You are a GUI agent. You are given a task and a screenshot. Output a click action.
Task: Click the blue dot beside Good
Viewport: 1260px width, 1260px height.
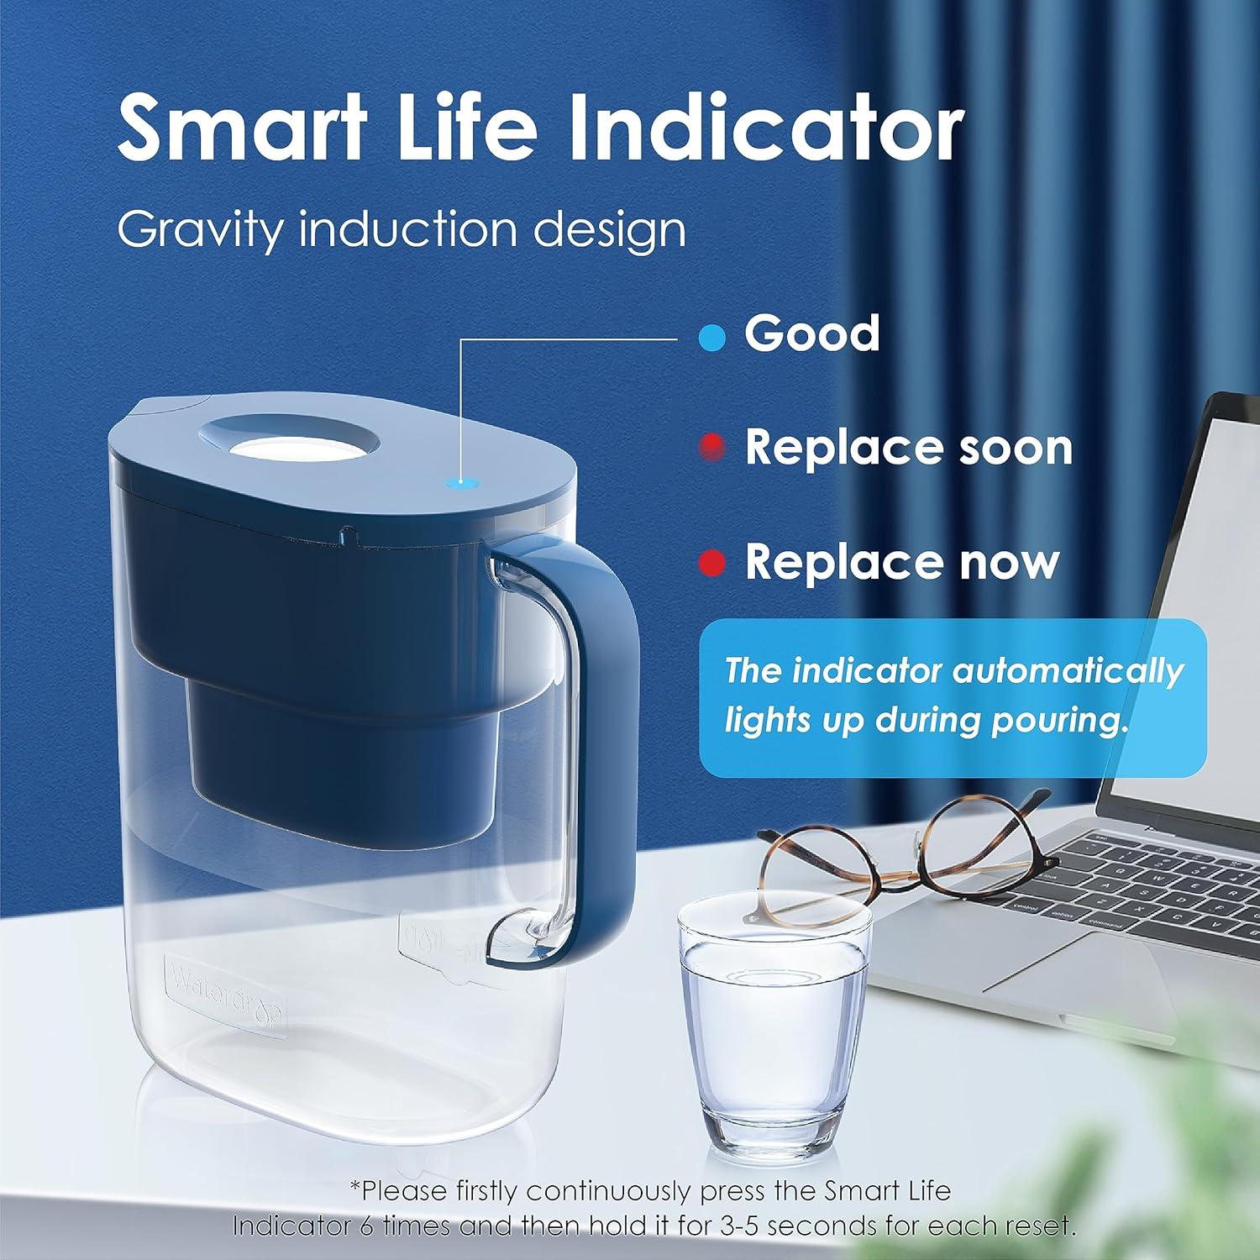(711, 339)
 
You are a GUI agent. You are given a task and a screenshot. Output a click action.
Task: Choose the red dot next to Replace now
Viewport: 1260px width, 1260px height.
(712, 563)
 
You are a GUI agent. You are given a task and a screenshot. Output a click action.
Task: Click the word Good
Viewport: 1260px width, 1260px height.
(811, 333)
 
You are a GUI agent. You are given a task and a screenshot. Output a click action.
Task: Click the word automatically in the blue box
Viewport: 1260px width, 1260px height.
(1067, 671)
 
